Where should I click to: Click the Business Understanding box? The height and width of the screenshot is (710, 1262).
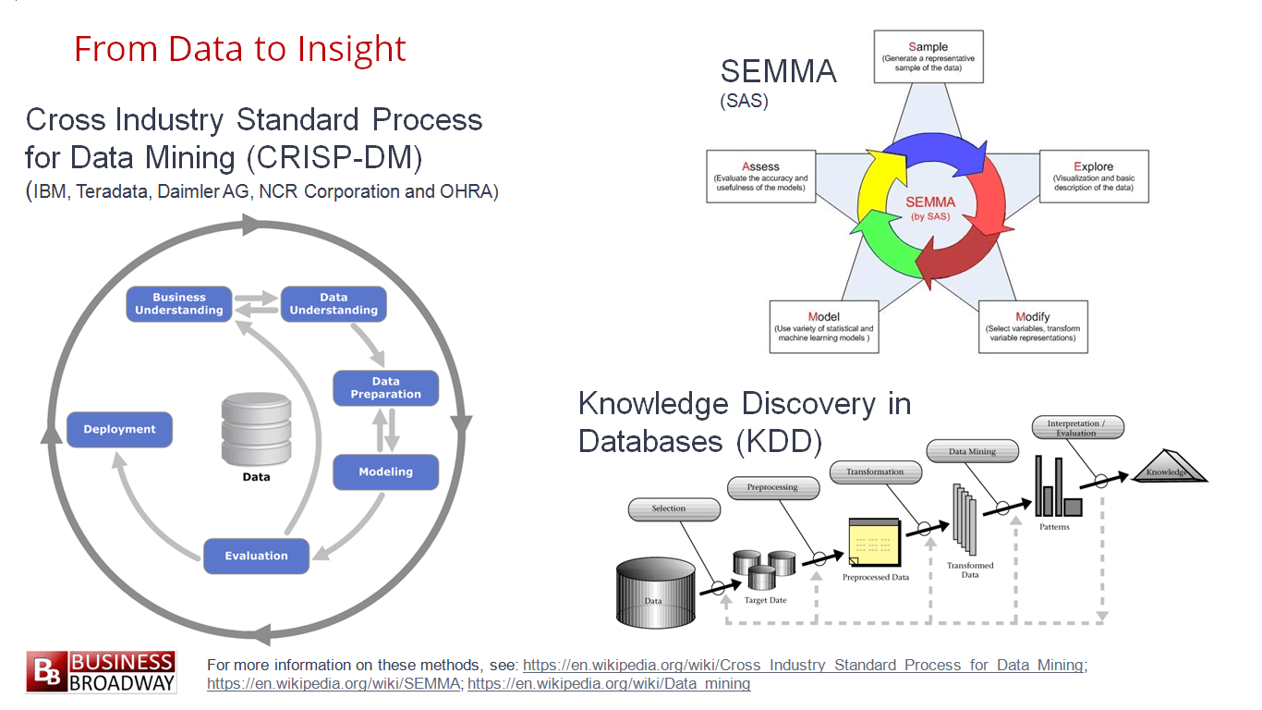coord(179,304)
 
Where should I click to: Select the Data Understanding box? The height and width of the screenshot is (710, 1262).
coord(334,304)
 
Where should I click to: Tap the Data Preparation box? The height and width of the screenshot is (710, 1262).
coord(385,387)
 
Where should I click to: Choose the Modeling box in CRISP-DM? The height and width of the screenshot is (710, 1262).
coord(385,471)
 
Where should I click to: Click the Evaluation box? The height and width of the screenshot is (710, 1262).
coord(256,556)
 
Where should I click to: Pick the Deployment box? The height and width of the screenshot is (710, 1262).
coord(120,429)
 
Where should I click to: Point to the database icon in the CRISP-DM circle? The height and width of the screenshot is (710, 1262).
coord(256,429)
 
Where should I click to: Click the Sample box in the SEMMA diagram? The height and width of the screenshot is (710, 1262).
coord(928,56)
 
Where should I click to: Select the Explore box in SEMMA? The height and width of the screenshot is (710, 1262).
coord(1094,176)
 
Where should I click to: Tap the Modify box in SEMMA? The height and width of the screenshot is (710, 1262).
coord(1032,326)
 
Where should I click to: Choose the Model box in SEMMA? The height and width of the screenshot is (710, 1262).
coord(823,326)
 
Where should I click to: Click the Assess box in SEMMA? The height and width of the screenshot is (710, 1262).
coord(760,176)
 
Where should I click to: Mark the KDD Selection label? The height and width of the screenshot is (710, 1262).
coord(673,508)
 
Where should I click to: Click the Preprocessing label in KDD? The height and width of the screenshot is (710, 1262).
coord(773,487)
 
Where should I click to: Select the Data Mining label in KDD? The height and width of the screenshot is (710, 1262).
coord(972,451)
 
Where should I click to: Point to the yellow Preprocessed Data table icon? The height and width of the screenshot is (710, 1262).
coord(873,544)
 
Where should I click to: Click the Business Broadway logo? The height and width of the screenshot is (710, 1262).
coord(101,672)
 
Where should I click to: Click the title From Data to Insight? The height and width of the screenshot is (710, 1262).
coord(240,49)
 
